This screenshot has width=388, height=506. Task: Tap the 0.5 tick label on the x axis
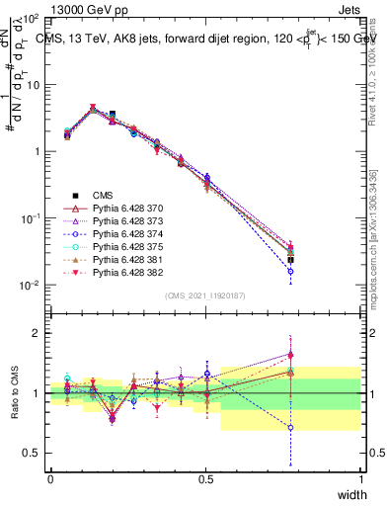coord(205,479)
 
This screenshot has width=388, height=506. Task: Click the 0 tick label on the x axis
coord(50,479)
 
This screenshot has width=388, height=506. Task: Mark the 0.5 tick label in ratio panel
coord(32,454)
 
